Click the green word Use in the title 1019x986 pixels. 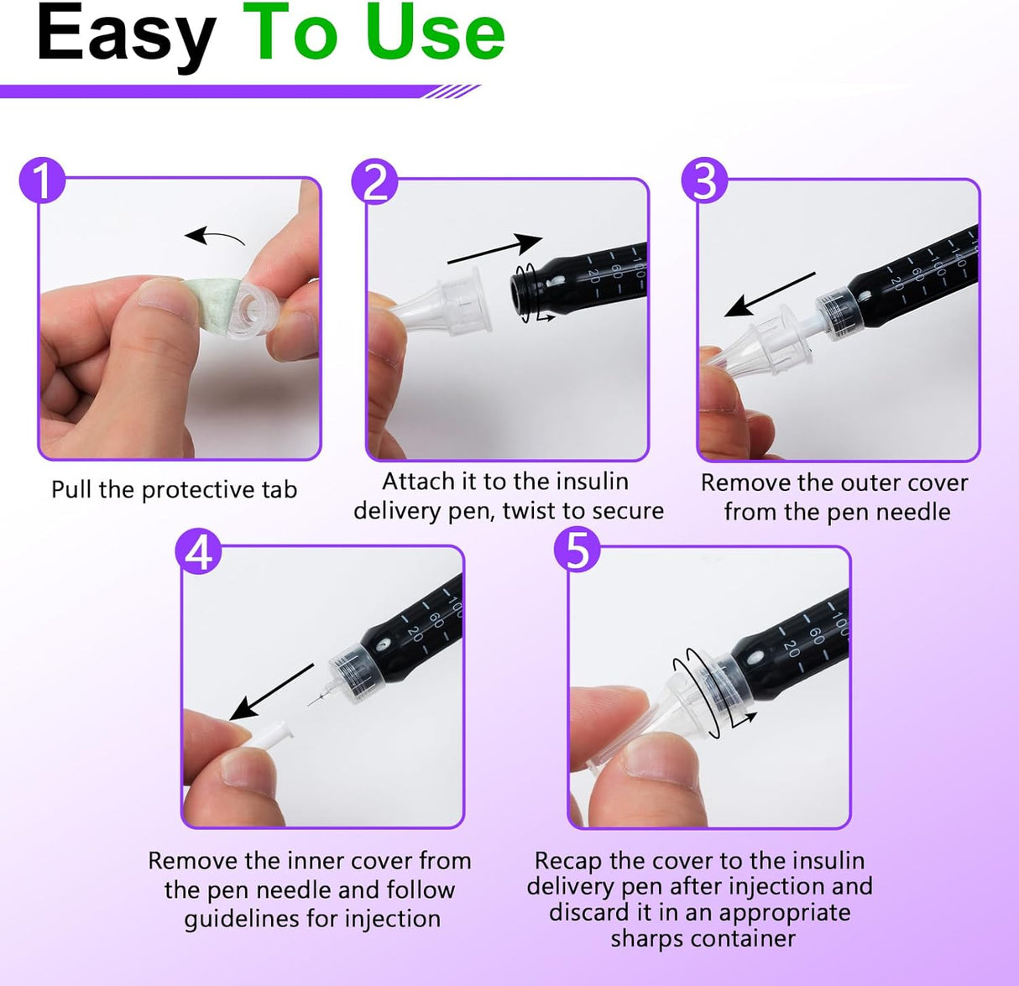[x=436, y=33]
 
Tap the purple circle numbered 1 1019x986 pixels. [x=43, y=180]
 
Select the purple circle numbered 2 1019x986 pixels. [x=374, y=181]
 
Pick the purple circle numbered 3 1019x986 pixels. [x=704, y=180]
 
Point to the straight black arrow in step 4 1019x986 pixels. [x=271, y=691]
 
